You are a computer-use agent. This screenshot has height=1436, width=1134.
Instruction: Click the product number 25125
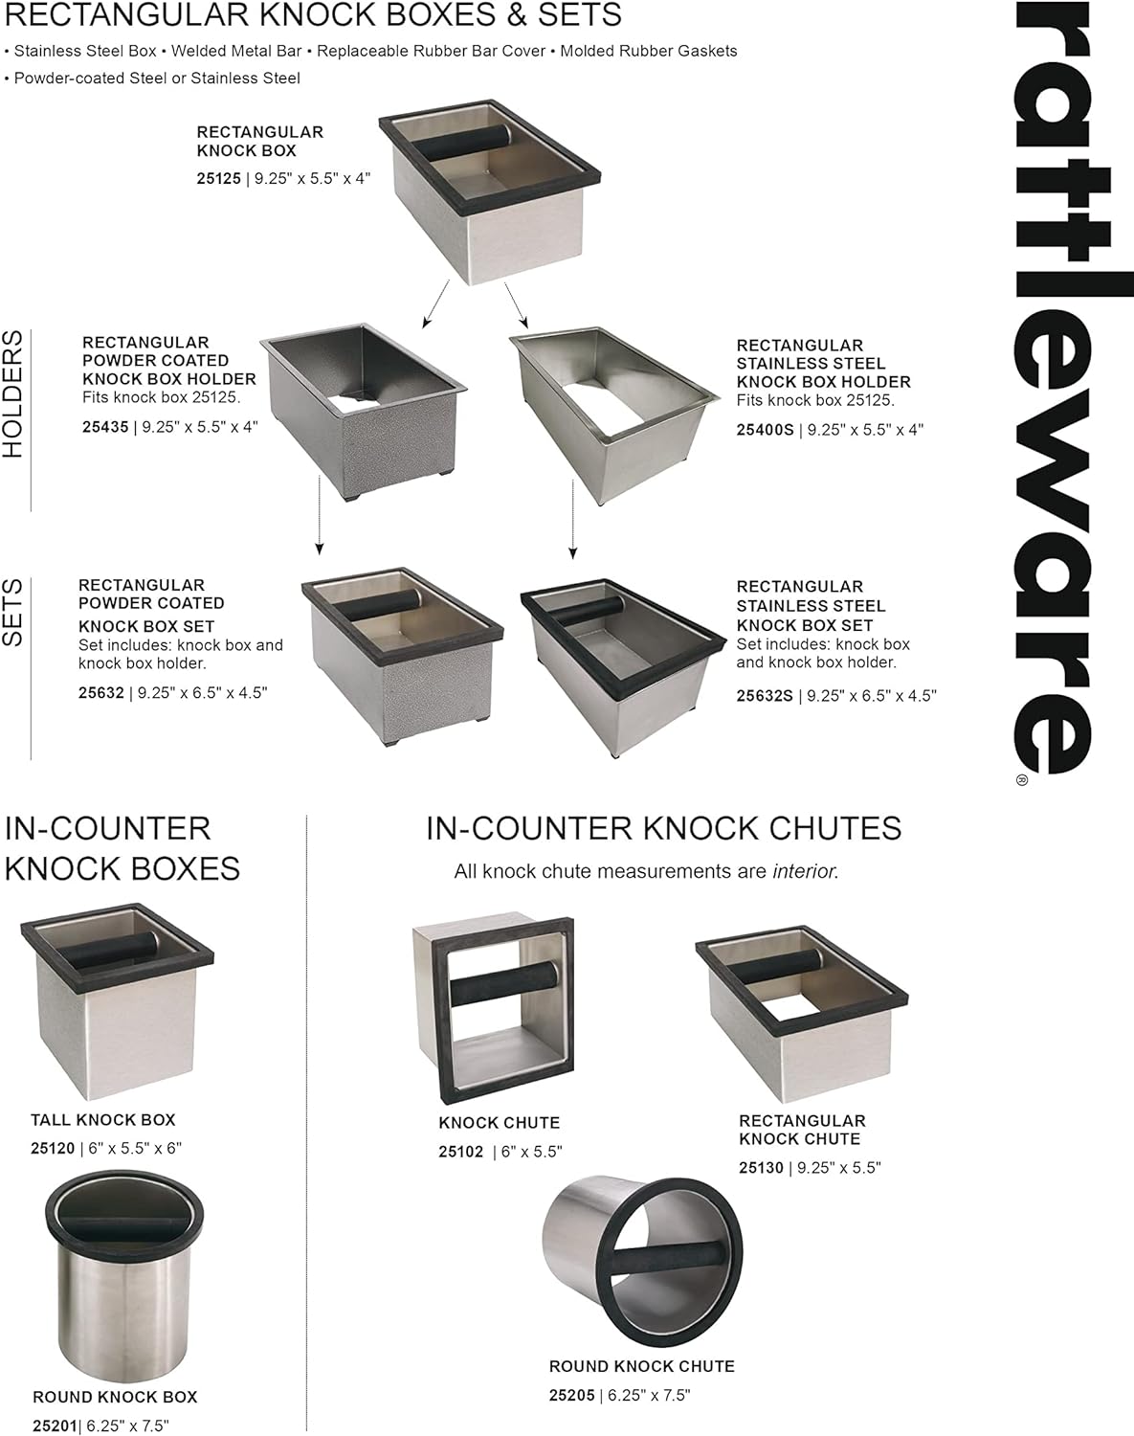(x=218, y=178)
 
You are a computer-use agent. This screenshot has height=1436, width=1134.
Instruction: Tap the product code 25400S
(x=765, y=430)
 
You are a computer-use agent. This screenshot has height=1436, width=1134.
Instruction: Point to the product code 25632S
(x=764, y=696)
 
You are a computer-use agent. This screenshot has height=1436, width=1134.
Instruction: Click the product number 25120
(x=53, y=1148)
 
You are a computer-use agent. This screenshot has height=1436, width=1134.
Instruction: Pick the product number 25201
(x=55, y=1425)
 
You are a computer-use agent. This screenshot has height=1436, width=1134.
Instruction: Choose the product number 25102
(x=460, y=1152)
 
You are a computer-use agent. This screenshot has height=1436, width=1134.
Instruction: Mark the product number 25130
(x=761, y=1168)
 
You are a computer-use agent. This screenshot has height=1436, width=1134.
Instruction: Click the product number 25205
(x=571, y=1395)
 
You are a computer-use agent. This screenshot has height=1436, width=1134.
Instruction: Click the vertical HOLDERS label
(x=13, y=394)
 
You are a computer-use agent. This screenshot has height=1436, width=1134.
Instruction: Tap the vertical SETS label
(x=13, y=613)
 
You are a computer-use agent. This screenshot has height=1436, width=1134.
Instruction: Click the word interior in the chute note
(x=804, y=871)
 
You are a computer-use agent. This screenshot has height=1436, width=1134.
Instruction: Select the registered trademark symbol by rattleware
(x=1021, y=780)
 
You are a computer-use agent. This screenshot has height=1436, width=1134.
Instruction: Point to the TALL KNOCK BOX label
(x=102, y=1119)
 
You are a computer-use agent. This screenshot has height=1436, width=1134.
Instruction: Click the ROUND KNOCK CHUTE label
(x=641, y=1366)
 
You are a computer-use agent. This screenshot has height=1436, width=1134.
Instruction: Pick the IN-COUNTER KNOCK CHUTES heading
(x=663, y=828)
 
